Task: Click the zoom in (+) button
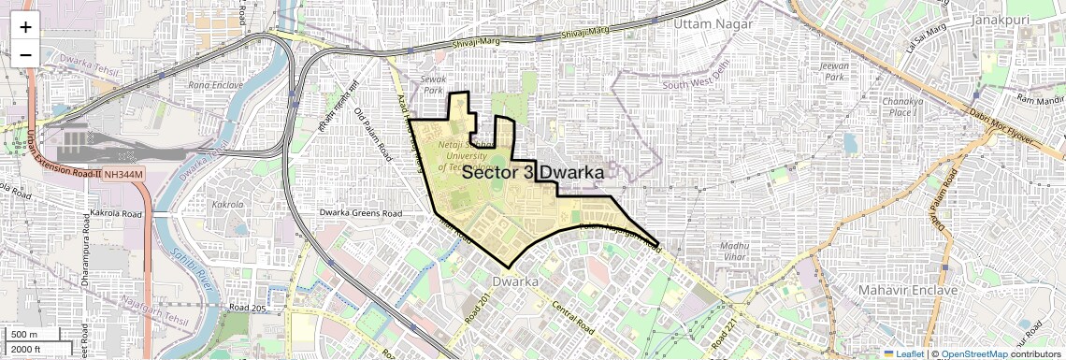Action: point(25,27)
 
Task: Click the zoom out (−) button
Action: point(25,54)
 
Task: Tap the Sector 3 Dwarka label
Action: point(532,173)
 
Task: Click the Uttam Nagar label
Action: point(713,22)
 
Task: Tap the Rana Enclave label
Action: point(217,85)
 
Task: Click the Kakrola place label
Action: point(229,203)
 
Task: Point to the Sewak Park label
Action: point(432,86)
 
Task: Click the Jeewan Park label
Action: point(833,71)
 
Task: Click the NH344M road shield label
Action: point(124,174)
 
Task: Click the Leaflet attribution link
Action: point(903,353)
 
